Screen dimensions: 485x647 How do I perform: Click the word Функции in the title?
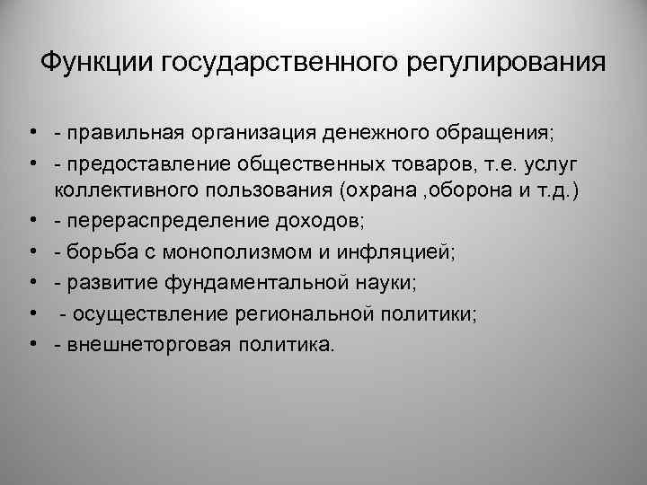pos(99,64)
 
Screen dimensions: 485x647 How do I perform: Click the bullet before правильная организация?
pos(31,133)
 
